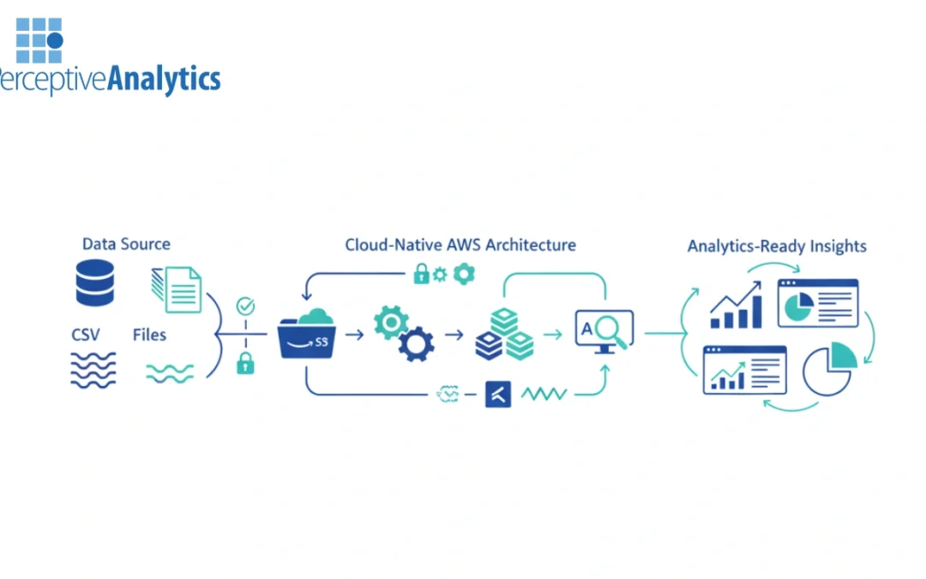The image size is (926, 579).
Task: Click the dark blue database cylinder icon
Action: click(94, 284)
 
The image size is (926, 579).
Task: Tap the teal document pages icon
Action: click(177, 288)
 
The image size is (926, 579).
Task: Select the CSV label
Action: click(86, 335)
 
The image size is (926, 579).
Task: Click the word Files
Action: click(149, 335)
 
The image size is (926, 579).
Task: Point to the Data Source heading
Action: click(126, 244)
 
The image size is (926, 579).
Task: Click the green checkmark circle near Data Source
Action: click(245, 305)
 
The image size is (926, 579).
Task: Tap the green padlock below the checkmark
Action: click(245, 363)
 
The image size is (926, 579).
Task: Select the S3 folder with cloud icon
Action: click(307, 335)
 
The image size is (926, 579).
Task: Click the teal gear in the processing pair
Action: click(391, 322)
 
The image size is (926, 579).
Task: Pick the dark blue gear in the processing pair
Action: click(417, 344)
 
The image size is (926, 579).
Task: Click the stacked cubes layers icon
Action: click(504, 335)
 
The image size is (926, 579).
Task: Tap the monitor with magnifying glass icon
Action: click(604, 331)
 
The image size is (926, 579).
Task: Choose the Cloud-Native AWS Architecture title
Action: click(460, 244)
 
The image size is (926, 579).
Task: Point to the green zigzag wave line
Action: click(544, 394)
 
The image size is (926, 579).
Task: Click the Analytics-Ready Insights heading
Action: click(776, 246)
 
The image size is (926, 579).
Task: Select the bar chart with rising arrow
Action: click(737, 305)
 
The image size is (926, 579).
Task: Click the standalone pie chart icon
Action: click(829, 370)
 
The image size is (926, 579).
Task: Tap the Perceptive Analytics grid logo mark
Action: click(39, 40)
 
